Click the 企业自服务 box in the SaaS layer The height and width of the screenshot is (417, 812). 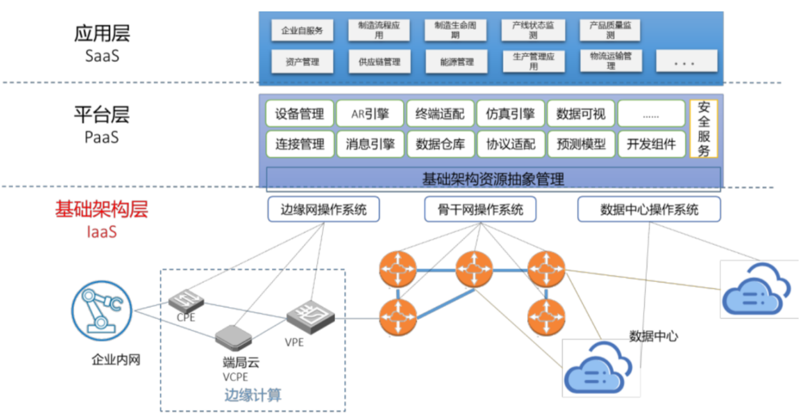click(x=302, y=30)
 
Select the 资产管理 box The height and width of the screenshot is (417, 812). click(x=302, y=62)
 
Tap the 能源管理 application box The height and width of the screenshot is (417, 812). click(x=457, y=62)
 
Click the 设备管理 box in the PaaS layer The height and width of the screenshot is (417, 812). click(x=299, y=114)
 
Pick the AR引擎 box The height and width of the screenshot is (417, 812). click(x=370, y=114)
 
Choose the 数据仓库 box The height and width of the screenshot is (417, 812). click(x=440, y=144)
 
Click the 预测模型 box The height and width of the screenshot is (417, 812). click(x=581, y=144)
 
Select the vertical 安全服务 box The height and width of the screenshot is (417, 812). click(x=704, y=129)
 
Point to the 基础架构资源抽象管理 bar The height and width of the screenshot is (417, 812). click(x=493, y=178)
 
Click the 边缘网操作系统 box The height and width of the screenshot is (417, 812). click(x=324, y=209)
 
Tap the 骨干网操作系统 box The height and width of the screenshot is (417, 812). click(x=480, y=209)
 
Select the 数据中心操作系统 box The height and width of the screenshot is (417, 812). click(x=649, y=209)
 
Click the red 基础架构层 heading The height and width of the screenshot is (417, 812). click(x=101, y=209)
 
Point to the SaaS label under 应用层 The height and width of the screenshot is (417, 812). click(x=102, y=56)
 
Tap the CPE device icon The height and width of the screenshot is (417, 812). click(x=186, y=299)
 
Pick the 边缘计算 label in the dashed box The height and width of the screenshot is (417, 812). click(x=253, y=395)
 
